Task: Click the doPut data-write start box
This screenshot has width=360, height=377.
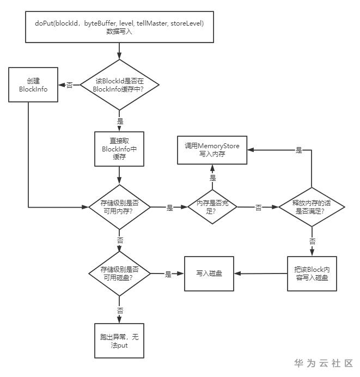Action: click(x=119, y=27)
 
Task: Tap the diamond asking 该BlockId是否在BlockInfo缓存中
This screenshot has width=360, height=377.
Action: click(x=119, y=85)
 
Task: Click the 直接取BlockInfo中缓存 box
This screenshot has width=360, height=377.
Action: click(x=119, y=149)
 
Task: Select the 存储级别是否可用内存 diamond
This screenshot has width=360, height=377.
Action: click(x=119, y=208)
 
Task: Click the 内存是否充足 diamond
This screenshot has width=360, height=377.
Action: click(x=212, y=208)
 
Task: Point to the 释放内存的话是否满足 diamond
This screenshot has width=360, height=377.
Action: click(x=311, y=208)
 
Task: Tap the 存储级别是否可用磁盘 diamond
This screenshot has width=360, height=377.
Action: click(x=119, y=274)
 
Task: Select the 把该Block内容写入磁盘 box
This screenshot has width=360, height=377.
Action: click(x=311, y=274)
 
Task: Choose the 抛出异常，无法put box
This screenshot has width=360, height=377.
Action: click(x=119, y=341)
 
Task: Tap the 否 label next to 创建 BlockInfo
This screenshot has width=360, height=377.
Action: click(x=69, y=86)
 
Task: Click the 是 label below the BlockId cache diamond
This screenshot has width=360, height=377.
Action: click(x=120, y=121)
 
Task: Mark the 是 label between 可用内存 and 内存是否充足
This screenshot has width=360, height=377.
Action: click(x=169, y=208)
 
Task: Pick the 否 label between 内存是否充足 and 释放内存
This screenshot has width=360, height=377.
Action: click(x=258, y=208)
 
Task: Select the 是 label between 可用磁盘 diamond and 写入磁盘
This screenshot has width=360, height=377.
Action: click(x=168, y=274)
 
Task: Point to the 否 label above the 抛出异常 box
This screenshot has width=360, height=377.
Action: click(x=120, y=310)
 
